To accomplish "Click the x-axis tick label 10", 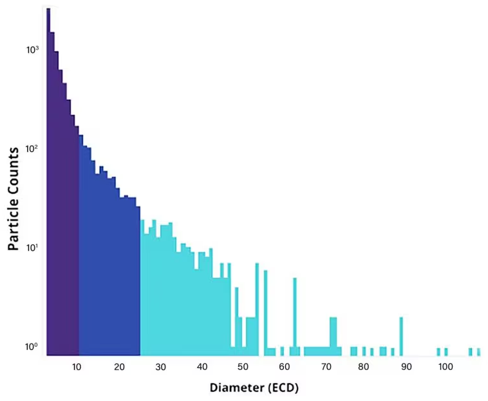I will point(77,367).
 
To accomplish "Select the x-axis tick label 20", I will point(119,367).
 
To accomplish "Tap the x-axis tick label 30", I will point(161,367).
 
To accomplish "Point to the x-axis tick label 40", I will point(202,367).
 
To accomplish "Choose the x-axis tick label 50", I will point(243,367).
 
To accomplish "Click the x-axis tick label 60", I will point(284,367).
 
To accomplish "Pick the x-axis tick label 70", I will point(324,367).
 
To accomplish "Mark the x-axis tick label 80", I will point(364,367).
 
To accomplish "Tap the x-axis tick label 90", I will point(406,367).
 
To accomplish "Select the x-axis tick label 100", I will point(445,367).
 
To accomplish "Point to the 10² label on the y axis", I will point(32,149).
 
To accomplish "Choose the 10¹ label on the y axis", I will point(32,248).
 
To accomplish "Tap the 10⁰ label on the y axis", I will point(32,347).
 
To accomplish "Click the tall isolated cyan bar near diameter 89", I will point(401,336).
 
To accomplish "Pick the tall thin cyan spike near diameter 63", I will point(295,316).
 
